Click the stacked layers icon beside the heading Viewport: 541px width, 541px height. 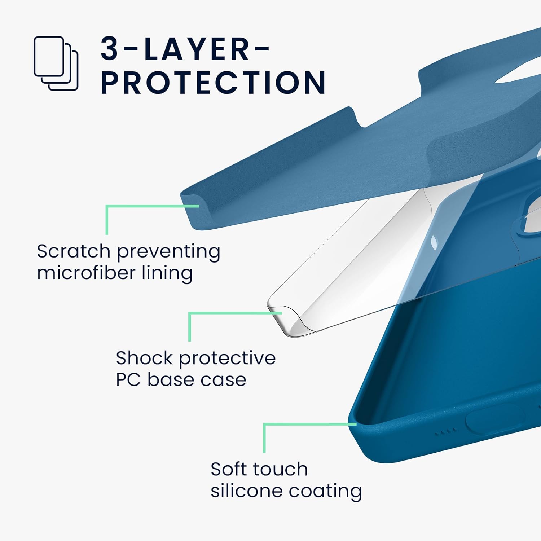(x=56, y=63)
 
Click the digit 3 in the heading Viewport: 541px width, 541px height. (x=110, y=49)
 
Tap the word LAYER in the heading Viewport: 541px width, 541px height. (x=197, y=49)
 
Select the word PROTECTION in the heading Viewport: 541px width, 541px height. (x=213, y=82)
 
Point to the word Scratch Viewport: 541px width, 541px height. (x=73, y=251)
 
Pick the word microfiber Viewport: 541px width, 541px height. (x=86, y=272)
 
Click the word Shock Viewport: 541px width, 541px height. (x=144, y=358)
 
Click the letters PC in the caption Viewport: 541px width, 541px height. (x=128, y=379)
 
